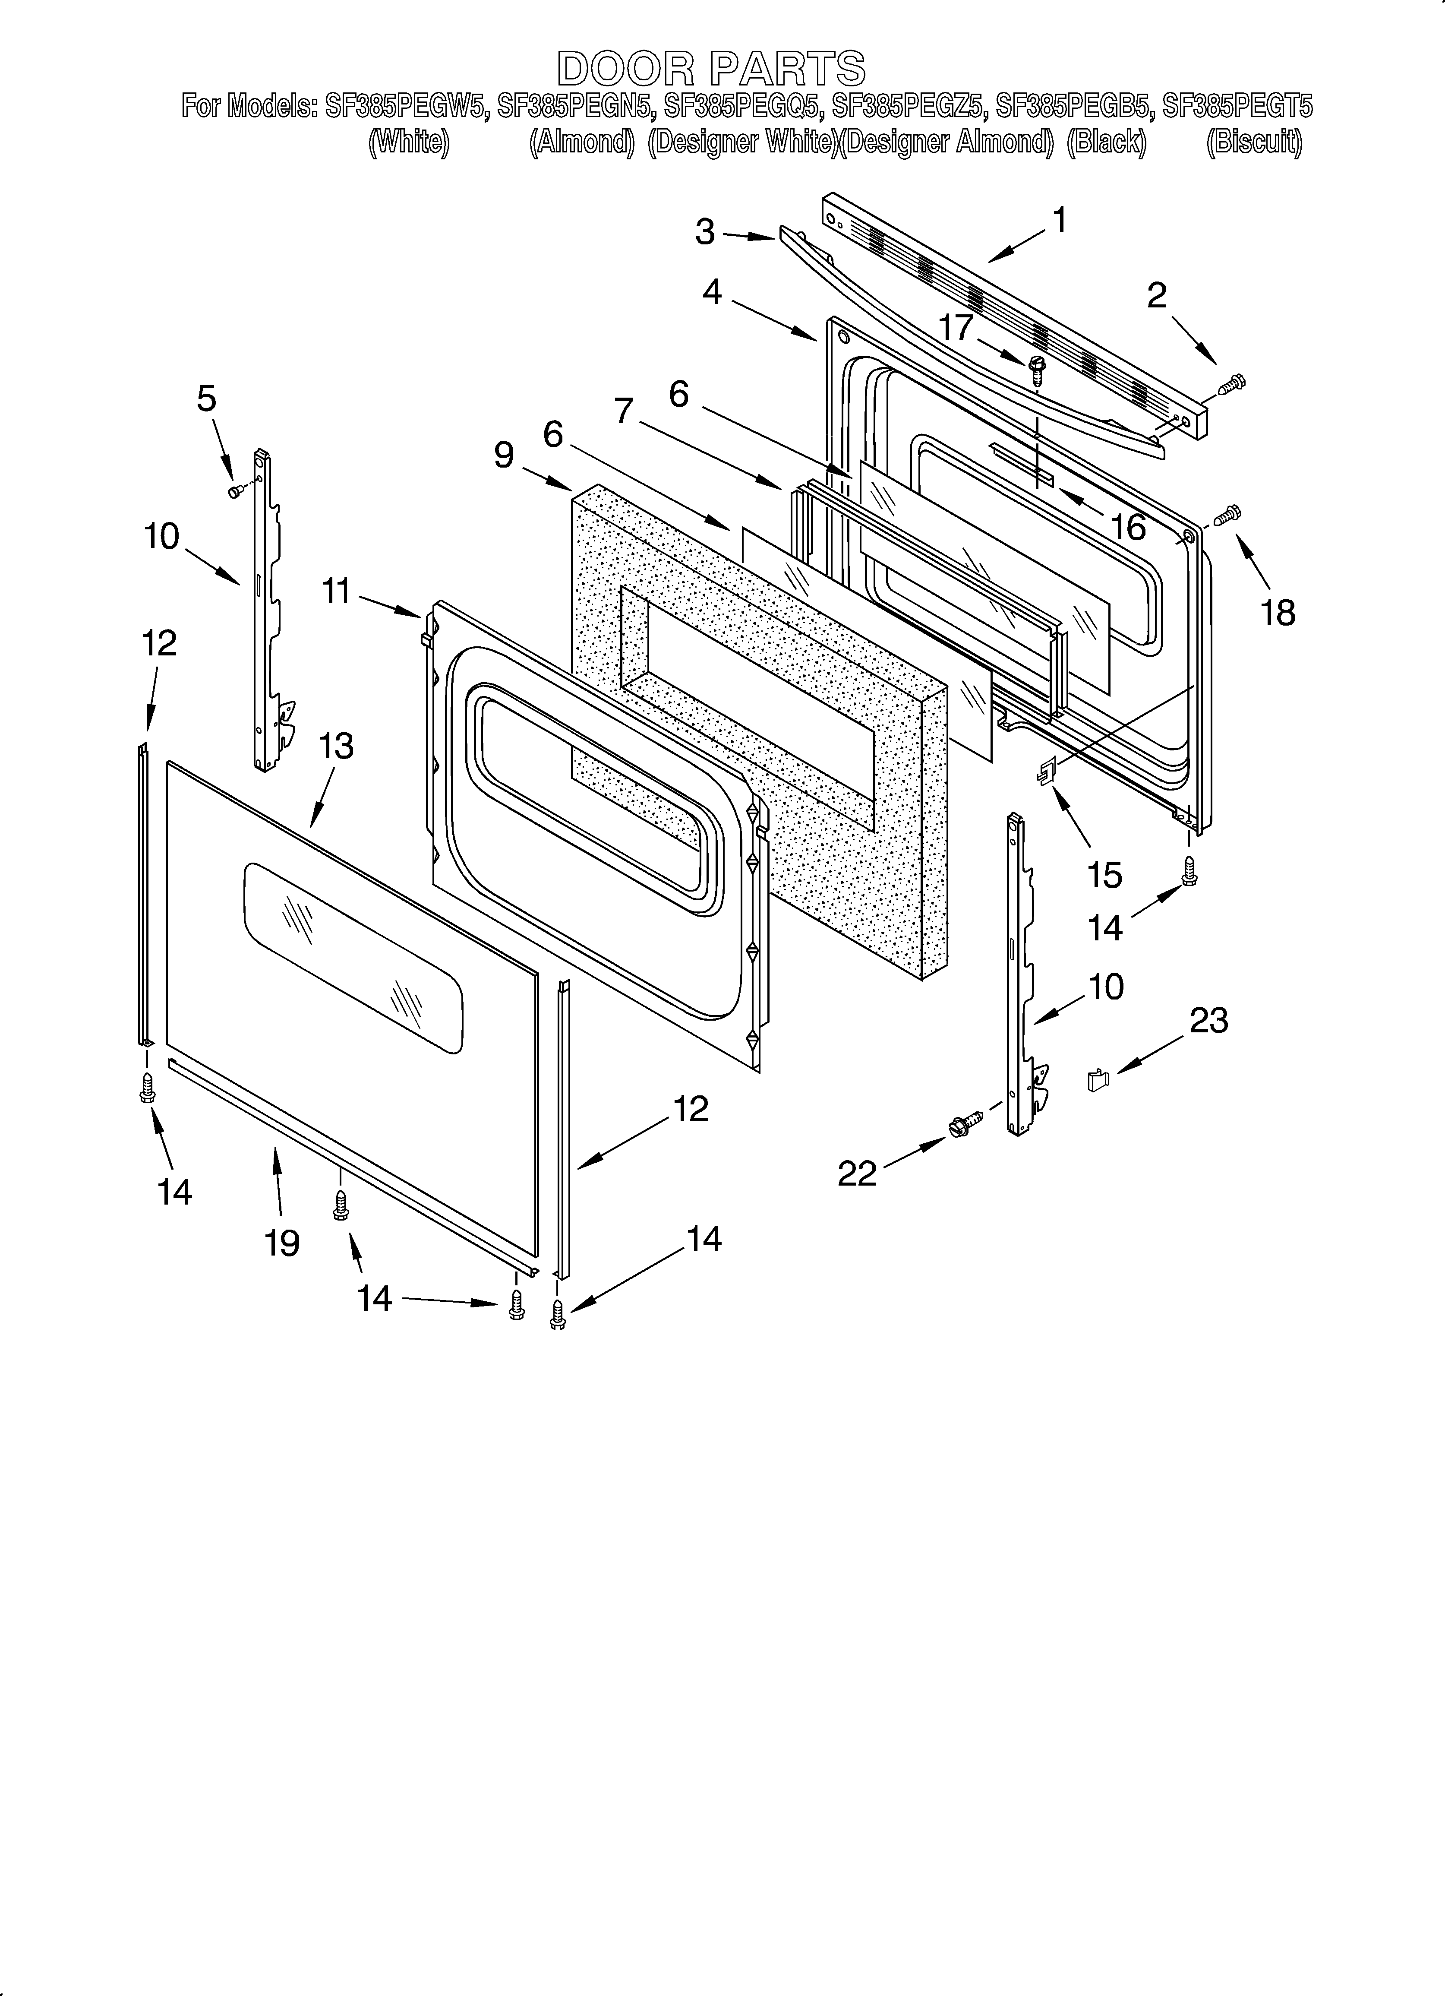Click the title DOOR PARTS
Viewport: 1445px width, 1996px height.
[x=711, y=69]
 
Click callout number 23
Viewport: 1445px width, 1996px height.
[x=1208, y=1021]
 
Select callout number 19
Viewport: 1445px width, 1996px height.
[x=283, y=1243]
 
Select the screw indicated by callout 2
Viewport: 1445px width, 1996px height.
[x=1233, y=384]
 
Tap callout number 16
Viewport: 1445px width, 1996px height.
[x=1128, y=527]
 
